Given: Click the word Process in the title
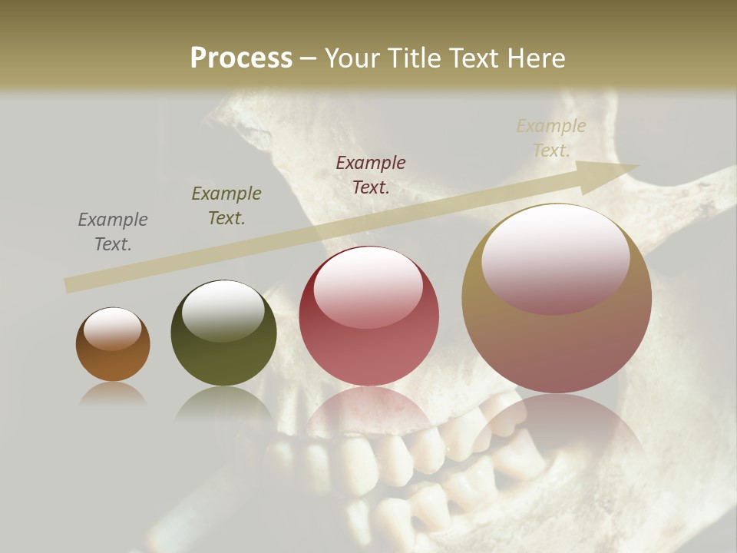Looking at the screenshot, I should tap(241, 58).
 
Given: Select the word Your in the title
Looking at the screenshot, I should tap(352, 58).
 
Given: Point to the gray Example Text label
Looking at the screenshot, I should tap(113, 231).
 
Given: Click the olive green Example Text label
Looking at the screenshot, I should tap(226, 205).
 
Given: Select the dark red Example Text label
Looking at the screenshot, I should tap(371, 174).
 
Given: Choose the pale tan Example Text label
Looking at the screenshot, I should tap(551, 137).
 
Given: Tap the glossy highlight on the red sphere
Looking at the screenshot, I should tap(368, 286).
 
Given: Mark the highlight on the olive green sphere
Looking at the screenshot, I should tap(223, 309).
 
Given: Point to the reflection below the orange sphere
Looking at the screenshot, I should tap(113, 394).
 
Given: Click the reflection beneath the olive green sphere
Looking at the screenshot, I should tap(223, 403).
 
